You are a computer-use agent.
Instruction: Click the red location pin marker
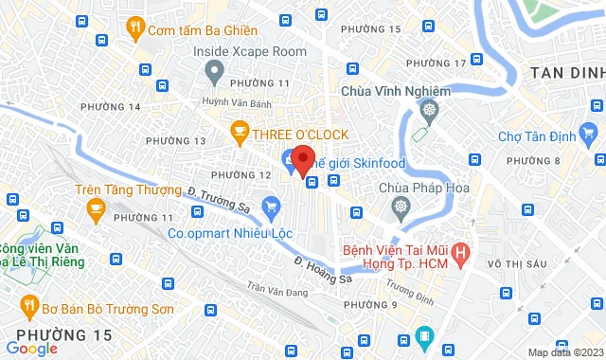pos(302,159)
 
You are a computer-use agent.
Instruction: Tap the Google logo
pos(30,349)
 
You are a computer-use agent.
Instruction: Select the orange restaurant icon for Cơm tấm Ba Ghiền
pos(137,28)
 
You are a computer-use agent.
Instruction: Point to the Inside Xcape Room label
pos(249,50)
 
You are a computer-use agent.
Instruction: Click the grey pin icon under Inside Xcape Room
pos(214,69)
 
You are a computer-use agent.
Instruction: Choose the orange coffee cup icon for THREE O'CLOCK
pos(239,132)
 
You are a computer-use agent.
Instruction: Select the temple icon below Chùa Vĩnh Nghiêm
pos(429,112)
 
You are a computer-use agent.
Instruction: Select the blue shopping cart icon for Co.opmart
pos(272,205)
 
